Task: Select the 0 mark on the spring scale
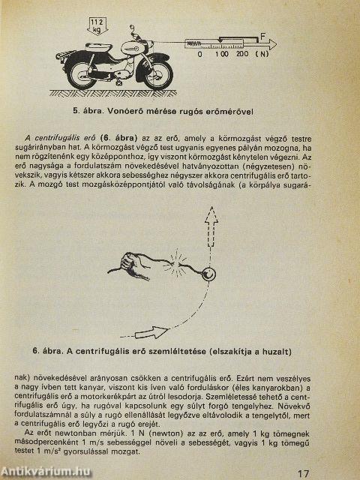[199, 54]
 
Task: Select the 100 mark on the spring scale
[221, 54]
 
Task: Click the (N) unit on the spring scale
[262, 54]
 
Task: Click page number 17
[302, 472]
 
